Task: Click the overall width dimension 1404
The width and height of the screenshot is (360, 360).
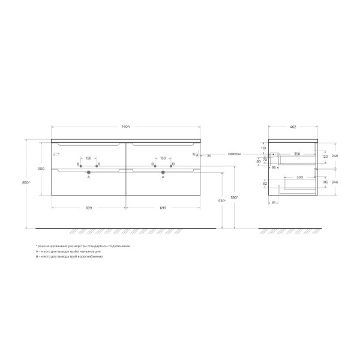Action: click(126, 127)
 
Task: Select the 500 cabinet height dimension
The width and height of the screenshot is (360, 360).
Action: click(41, 169)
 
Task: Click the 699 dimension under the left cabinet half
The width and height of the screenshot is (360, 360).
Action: click(88, 208)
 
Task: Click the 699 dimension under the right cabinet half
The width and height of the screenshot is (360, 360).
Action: click(163, 208)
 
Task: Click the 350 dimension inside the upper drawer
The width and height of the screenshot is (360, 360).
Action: click(296, 154)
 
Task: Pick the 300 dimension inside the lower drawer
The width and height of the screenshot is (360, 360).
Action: click(299, 178)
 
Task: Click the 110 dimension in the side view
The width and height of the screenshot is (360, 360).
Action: click(263, 148)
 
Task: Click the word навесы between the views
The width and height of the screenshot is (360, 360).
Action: click(235, 154)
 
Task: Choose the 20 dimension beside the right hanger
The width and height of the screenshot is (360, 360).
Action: click(208, 156)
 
